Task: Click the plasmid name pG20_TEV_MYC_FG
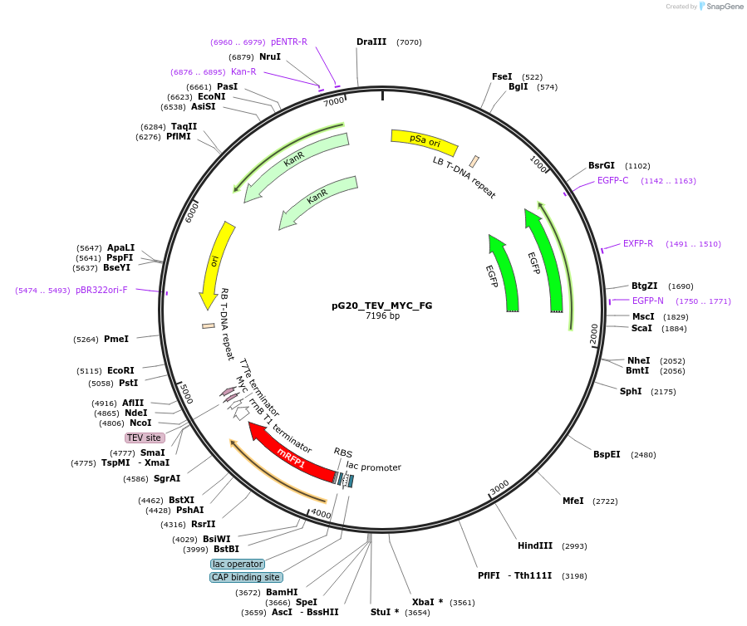(x=381, y=305)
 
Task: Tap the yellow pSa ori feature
(x=424, y=142)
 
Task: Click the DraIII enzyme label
(x=371, y=42)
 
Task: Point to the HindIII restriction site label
(x=535, y=545)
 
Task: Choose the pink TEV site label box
(x=145, y=438)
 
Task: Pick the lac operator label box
(x=238, y=564)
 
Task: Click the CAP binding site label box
(x=246, y=577)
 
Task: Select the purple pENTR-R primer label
(x=289, y=42)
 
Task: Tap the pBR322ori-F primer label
(x=101, y=290)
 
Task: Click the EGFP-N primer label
(x=648, y=301)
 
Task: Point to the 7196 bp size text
(x=382, y=315)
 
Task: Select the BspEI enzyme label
(x=607, y=454)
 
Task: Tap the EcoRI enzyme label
(x=120, y=370)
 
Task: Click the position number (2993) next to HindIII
(x=574, y=546)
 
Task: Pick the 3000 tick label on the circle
(x=499, y=487)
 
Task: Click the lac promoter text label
(x=374, y=467)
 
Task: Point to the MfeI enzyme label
(x=573, y=501)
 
